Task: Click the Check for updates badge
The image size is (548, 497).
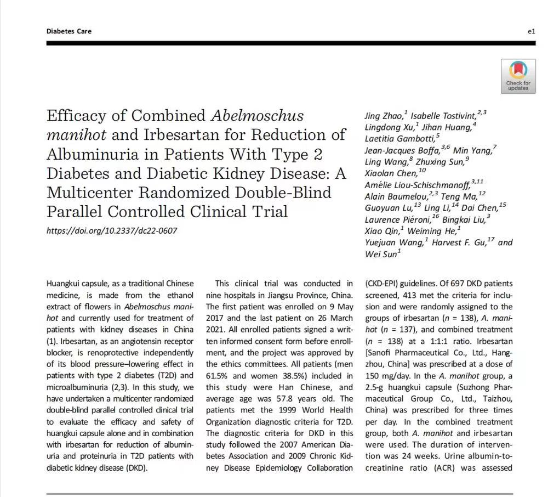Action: coord(518,76)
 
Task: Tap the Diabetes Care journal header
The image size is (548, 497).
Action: coord(68,31)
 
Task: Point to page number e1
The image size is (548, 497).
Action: coord(531,31)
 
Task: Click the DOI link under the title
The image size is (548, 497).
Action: coord(112,231)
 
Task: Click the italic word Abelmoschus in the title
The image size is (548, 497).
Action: coord(257,116)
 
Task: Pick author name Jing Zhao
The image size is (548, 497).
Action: coord(384,116)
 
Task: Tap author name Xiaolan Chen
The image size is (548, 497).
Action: coord(391,174)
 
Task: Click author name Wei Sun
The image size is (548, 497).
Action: coord(381,255)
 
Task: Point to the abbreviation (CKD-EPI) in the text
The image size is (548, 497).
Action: coord(386,284)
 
